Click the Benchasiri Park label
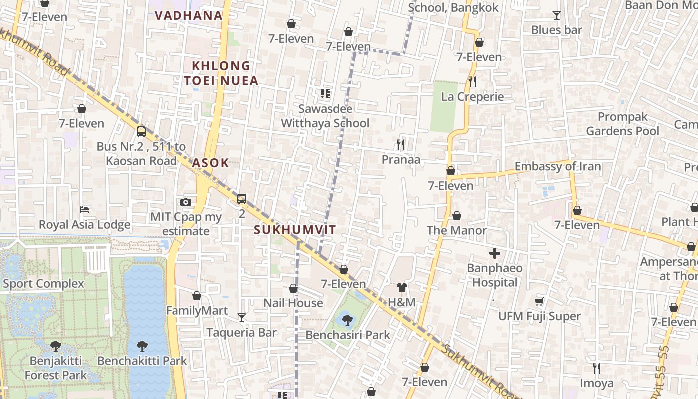click(348, 335)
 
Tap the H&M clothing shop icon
click(402, 287)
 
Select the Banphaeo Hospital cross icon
click(494, 253)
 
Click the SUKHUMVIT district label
click(295, 230)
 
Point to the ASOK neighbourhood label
click(210, 162)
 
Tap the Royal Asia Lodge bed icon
click(84, 210)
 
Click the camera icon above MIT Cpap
click(186, 202)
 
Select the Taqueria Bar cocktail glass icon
click(242, 317)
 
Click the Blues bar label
click(556, 30)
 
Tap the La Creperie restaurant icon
click(472, 81)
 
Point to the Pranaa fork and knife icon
click(401, 145)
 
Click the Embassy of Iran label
click(557, 166)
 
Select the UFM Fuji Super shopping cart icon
click(539, 301)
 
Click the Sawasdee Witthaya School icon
click(325, 93)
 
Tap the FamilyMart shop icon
click(197, 296)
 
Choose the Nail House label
click(293, 303)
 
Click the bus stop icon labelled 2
click(242, 199)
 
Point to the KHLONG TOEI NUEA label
click(221, 73)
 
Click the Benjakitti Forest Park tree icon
click(56, 346)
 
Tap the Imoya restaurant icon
click(596, 368)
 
